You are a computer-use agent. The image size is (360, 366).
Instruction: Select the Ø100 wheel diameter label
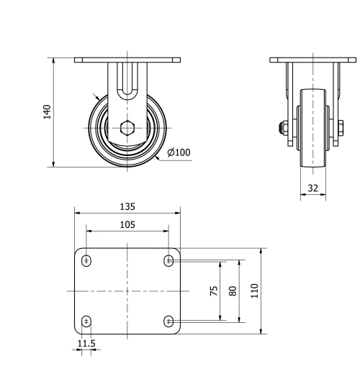[x=178, y=152]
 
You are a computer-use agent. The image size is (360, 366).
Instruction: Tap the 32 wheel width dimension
[x=312, y=188]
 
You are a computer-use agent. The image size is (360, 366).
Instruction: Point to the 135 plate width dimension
[x=127, y=206]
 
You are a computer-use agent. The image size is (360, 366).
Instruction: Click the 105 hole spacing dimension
[x=127, y=224]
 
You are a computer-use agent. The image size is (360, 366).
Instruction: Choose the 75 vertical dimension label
[x=215, y=291]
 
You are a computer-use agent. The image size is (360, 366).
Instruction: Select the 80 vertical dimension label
[x=232, y=291]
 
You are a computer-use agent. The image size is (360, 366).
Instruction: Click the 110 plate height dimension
[x=254, y=291]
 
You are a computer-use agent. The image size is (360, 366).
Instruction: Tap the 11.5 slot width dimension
[x=86, y=344]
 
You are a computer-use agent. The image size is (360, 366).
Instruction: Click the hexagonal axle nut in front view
[x=127, y=129]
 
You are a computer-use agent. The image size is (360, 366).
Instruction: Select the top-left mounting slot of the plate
[x=86, y=260]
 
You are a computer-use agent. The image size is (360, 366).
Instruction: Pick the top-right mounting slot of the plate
[x=168, y=260]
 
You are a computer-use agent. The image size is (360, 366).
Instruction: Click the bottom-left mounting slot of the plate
[x=86, y=321]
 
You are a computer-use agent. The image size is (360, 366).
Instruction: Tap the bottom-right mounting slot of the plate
[x=168, y=321]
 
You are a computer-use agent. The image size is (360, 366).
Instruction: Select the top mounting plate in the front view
[x=127, y=60]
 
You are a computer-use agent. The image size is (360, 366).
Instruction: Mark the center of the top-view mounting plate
[x=127, y=290]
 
